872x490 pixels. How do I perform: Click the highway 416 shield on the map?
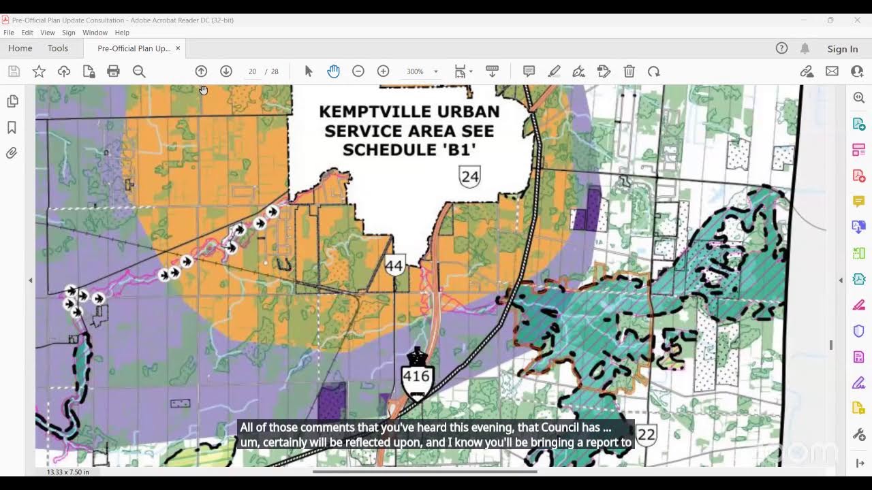(416, 376)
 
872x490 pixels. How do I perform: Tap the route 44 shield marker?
(394, 265)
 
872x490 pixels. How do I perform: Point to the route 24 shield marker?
(469, 177)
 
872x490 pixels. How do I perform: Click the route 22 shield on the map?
(646, 434)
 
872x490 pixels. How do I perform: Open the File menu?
(9, 33)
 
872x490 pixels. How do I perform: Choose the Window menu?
(95, 33)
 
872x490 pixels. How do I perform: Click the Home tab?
(20, 48)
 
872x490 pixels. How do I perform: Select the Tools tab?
(58, 48)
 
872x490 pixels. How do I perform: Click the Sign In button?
(842, 49)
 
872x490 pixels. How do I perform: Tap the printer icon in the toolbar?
(114, 71)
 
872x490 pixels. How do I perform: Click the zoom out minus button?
(358, 71)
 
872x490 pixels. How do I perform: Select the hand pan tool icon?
(333, 71)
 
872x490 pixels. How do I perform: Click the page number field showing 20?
(252, 71)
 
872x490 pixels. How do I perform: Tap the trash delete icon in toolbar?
(629, 71)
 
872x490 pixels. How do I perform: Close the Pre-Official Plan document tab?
(178, 48)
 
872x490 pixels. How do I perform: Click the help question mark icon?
(781, 48)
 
